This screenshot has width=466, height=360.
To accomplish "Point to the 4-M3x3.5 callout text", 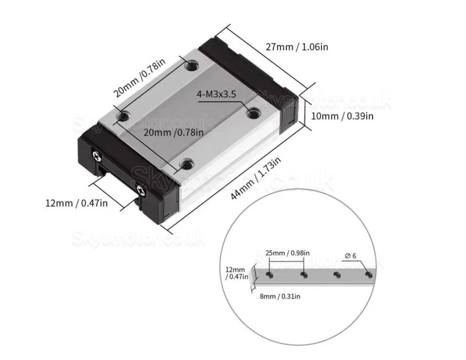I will (x=217, y=94).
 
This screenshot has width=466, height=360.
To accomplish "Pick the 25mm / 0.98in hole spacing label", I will (x=287, y=253).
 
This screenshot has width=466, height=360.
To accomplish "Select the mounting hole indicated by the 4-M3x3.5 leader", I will (x=253, y=112).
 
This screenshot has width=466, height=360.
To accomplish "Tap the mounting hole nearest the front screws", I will (x=187, y=164).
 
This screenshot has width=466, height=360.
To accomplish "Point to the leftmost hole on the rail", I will (x=270, y=274).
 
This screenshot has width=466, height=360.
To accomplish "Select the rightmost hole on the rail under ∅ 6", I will (x=368, y=274).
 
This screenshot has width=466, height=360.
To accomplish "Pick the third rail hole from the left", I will (x=337, y=274).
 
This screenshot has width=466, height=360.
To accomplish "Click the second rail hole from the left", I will (x=304, y=274).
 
